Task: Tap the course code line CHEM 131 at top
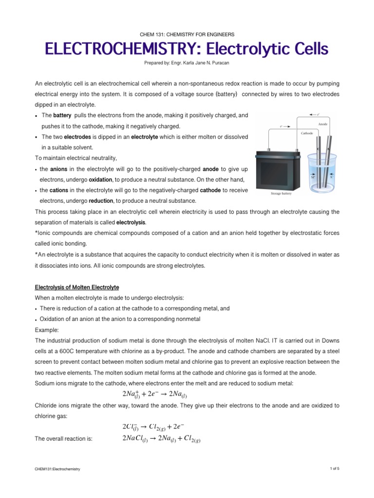(187, 35)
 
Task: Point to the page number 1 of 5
(334, 468)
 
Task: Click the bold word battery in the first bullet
(62, 116)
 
